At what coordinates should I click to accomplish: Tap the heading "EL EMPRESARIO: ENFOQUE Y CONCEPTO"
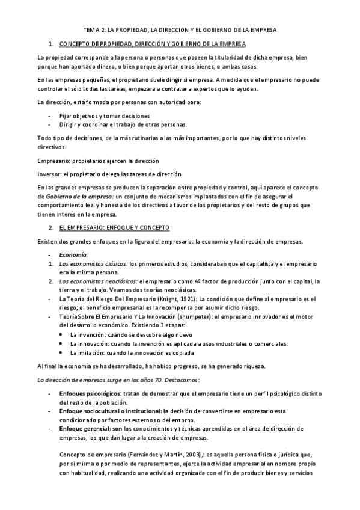click(x=114, y=227)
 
